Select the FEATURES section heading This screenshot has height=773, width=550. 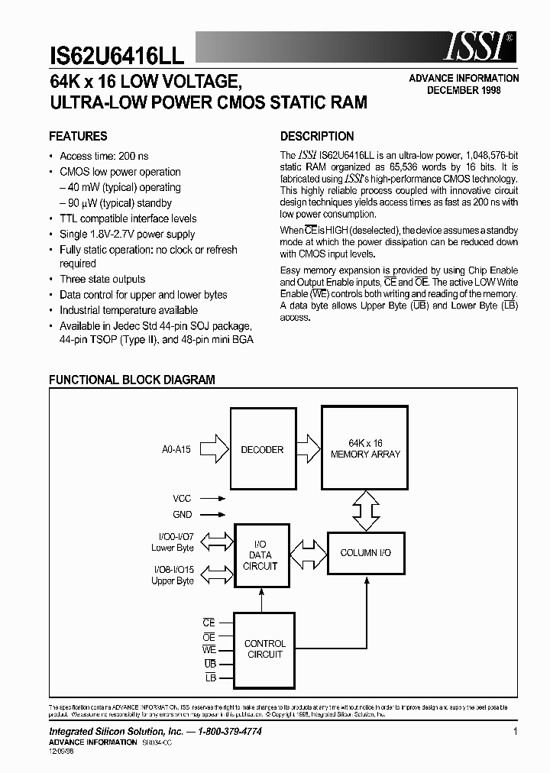point(78,137)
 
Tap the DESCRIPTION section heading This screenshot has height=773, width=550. point(317,137)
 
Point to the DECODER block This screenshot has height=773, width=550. point(262,450)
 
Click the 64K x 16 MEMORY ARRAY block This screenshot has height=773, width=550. point(365,449)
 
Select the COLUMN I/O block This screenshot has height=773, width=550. point(365,552)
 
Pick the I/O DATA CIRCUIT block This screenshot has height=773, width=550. point(260,555)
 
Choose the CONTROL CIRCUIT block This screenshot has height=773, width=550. point(264,649)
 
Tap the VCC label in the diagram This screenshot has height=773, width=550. point(182,498)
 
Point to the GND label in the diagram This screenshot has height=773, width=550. point(182,515)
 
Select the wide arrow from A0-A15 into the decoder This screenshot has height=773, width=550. point(217,449)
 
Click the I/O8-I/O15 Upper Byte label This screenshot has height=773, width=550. point(173,575)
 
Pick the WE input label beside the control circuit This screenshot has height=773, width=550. point(209,650)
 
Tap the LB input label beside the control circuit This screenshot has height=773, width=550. point(211,678)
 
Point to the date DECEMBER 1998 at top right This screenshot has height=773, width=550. point(464,90)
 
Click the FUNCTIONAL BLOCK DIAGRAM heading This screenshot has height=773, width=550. point(132,380)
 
